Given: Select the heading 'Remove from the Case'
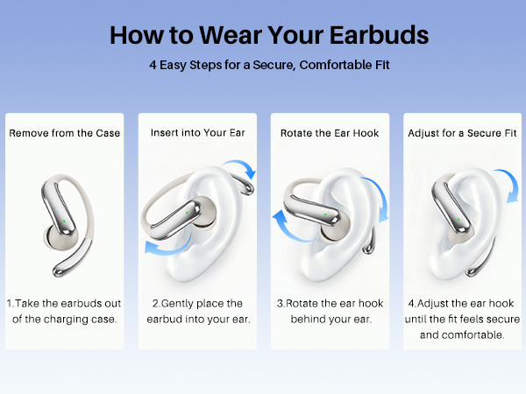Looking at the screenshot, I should coord(65,133).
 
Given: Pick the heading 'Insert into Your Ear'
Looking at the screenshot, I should coord(196,133).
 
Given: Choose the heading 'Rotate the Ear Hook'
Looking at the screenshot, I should coord(330,133).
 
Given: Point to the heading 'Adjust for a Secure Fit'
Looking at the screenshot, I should coord(460,133).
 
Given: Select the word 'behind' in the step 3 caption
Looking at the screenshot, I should coord(305,319).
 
